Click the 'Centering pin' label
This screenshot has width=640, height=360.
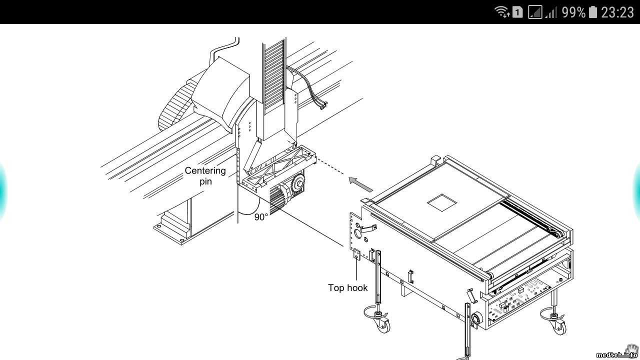[x=205, y=176]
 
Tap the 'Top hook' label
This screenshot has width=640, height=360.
[x=347, y=287]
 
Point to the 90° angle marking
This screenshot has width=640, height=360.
[x=261, y=217]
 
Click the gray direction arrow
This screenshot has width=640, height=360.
[x=361, y=184]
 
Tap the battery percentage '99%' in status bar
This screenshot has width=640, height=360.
[x=573, y=12]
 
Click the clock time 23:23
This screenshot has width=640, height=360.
[x=617, y=12]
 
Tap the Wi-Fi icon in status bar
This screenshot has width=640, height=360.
[x=501, y=12]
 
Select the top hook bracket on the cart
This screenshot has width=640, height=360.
[x=356, y=254]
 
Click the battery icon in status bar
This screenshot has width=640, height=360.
[x=593, y=12]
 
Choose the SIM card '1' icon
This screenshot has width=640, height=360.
[x=517, y=12]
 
